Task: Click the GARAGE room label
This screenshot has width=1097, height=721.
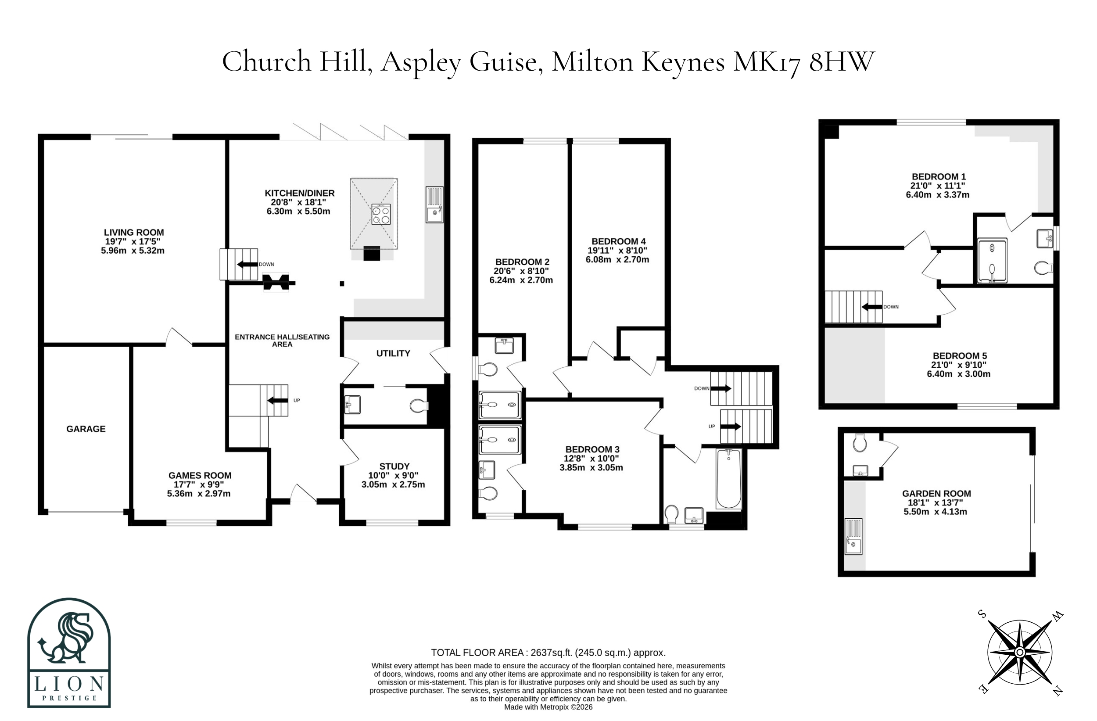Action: pos(86,429)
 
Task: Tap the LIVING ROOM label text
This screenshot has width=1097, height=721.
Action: pos(134,232)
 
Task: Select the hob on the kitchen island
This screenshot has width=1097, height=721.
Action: pos(381,214)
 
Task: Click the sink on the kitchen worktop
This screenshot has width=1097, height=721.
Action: pos(434,204)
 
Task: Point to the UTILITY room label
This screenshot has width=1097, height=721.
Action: pos(393,353)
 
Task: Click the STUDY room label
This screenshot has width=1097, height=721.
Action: pos(394,466)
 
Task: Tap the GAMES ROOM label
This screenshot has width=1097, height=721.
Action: pos(200,475)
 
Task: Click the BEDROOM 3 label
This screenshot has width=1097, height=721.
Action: pos(592,449)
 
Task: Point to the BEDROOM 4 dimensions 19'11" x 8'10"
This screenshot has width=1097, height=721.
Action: pos(617,250)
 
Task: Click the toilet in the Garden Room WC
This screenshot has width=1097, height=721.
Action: pos(860,442)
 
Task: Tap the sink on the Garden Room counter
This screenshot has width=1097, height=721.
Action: pos(853,537)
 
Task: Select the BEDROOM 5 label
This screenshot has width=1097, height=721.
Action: pos(960,355)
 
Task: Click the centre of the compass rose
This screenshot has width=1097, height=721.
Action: pos(1020,652)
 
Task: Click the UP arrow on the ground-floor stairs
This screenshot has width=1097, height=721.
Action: pos(277,400)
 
